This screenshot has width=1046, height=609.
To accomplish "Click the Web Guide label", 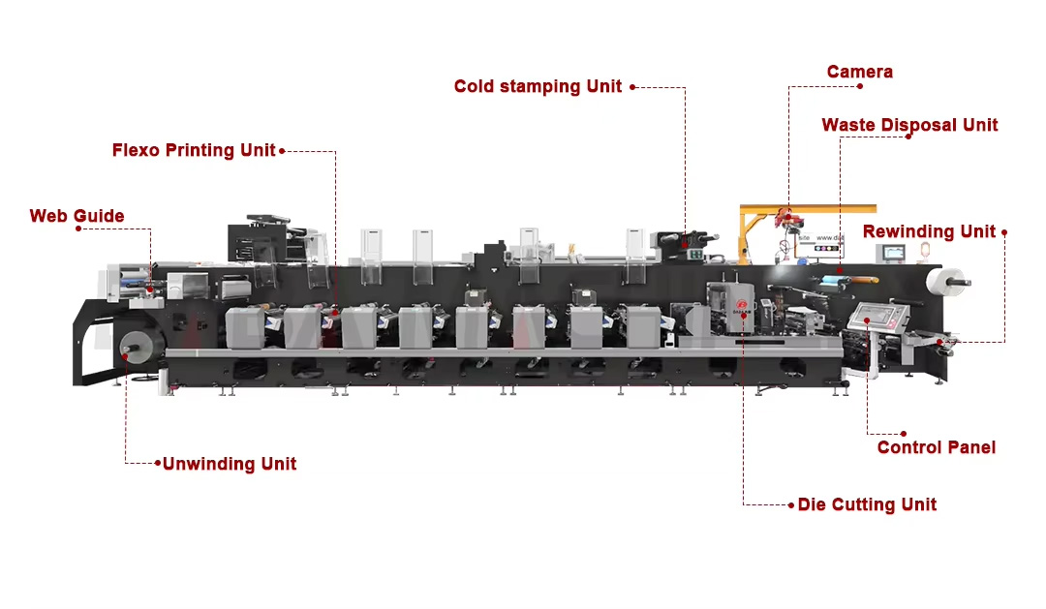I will [77, 216].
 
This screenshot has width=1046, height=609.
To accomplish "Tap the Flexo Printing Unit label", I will [194, 150].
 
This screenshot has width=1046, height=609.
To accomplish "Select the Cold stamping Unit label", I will [538, 86].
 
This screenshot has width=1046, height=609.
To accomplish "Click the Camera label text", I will [859, 72].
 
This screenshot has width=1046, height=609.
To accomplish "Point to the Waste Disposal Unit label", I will [909, 125].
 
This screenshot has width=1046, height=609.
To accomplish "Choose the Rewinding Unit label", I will [929, 231].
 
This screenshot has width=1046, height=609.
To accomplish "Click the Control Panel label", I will [936, 447].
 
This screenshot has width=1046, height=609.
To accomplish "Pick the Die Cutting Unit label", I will [867, 504].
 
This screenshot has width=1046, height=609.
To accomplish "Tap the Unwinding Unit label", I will [230, 464].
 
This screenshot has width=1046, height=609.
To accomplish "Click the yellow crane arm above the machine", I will [808, 208].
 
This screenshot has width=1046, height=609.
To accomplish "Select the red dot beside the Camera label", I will [859, 86].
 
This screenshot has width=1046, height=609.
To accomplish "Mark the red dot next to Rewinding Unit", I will [1004, 232].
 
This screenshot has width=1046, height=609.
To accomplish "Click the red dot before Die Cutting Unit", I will [790, 504].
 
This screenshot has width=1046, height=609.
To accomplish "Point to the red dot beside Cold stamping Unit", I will [632, 87].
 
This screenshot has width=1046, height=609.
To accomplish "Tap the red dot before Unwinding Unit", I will [157, 464].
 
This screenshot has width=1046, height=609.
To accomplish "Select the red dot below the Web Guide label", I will [77, 228].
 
